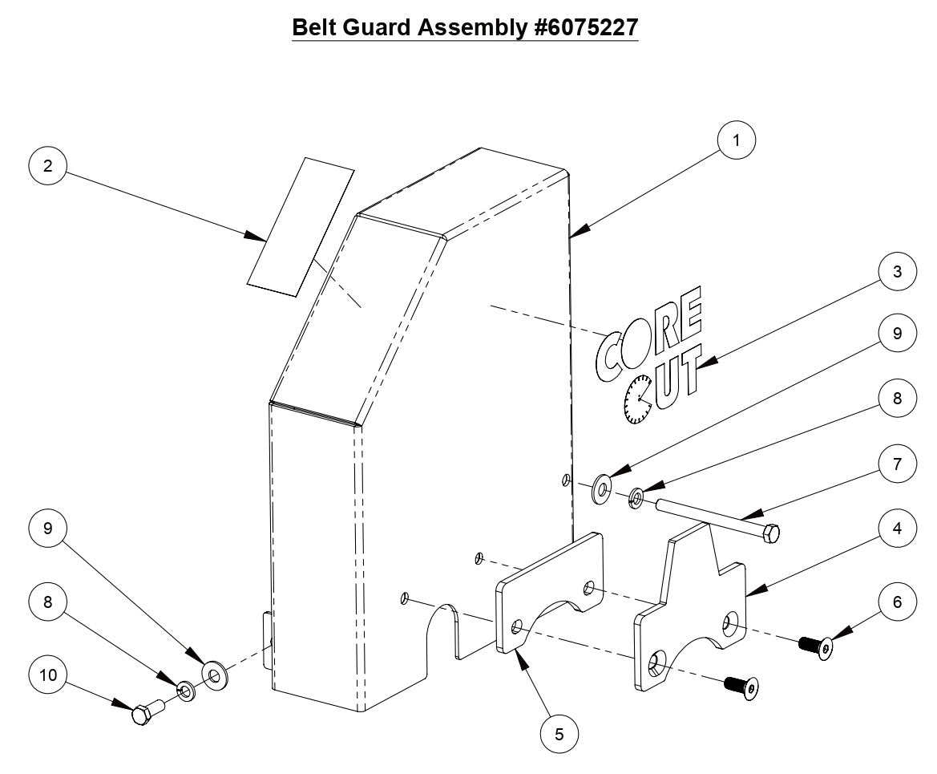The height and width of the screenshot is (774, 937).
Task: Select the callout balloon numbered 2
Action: (48, 166)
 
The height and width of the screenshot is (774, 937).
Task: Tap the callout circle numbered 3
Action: (896, 272)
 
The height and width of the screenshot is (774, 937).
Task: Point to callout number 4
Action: (896, 529)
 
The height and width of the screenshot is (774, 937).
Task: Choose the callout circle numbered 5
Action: (559, 732)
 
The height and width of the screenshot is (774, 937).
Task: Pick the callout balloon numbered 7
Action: (896, 464)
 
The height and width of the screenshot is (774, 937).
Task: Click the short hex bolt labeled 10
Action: (146, 711)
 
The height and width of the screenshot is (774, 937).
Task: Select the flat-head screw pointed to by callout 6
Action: (814, 642)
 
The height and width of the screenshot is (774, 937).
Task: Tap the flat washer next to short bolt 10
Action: (215, 675)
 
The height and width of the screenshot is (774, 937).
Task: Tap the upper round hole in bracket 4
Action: (732, 621)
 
